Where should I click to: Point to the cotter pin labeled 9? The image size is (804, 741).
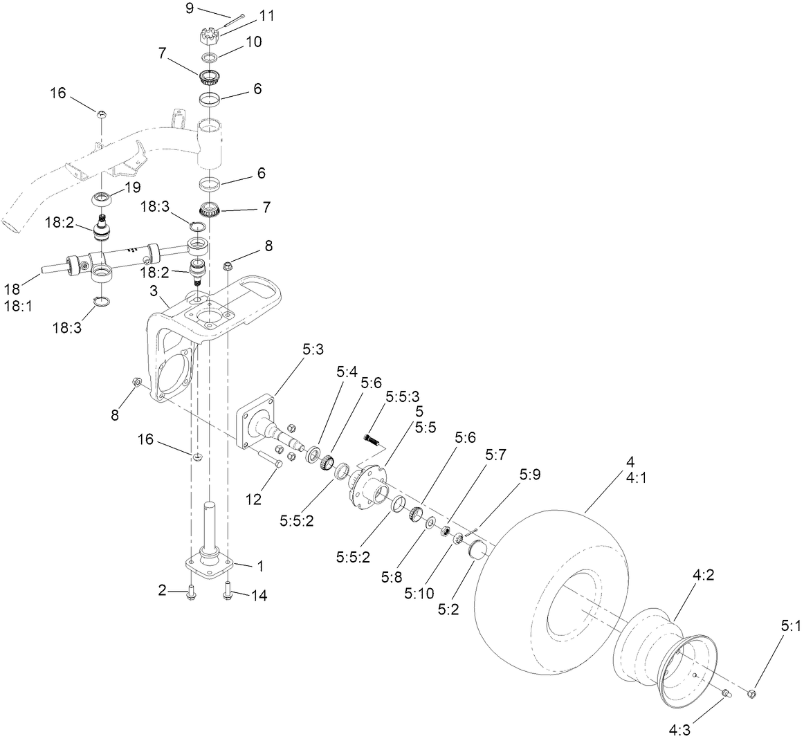(234, 19)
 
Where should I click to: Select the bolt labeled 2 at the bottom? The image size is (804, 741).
(192, 593)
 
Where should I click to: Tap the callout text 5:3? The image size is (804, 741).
(313, 351)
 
